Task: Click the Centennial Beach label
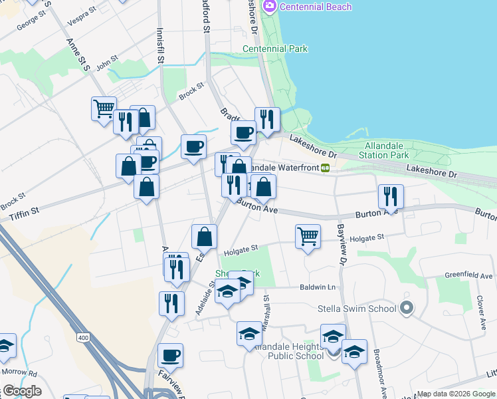click(x=308, y=7)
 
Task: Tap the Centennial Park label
click(x=274, y=49)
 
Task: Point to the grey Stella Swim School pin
click(x=407, y=308)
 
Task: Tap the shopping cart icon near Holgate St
click(x=308, y=236)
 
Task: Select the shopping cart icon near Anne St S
click(x=104, y=108)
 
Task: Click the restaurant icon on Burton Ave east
click(x=391, y=196)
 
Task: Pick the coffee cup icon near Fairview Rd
click(x=171, y=355)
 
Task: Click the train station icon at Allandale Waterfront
click(x=326, y=168)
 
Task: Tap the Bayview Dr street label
click(x=343, y=246)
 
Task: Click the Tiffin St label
click(x=25, y=214)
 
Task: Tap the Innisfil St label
click(x=159, y=45)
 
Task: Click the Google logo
click(x=21, y=391)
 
